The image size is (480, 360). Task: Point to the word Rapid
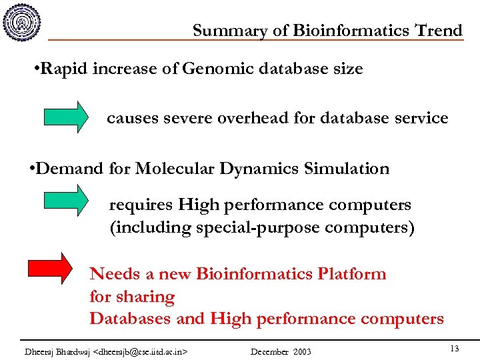pos(65,69)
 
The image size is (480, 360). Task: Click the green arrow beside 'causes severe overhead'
pos(66,117)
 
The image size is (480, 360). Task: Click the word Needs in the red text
pos(115,274)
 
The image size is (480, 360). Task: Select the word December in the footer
pos(269,351)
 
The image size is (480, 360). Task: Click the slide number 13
pos(454,349)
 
